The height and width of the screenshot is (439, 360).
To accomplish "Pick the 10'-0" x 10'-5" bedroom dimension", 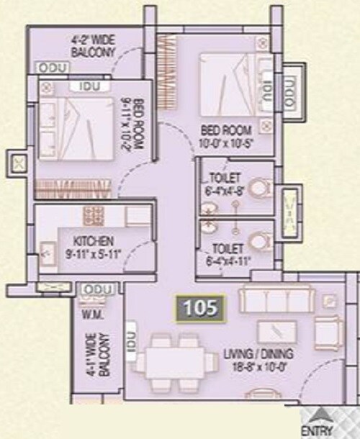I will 226,142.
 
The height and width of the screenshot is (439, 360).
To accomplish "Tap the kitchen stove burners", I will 94,214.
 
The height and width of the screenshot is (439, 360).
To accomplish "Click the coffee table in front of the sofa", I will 277,331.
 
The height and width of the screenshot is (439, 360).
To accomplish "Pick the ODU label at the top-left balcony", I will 53,68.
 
